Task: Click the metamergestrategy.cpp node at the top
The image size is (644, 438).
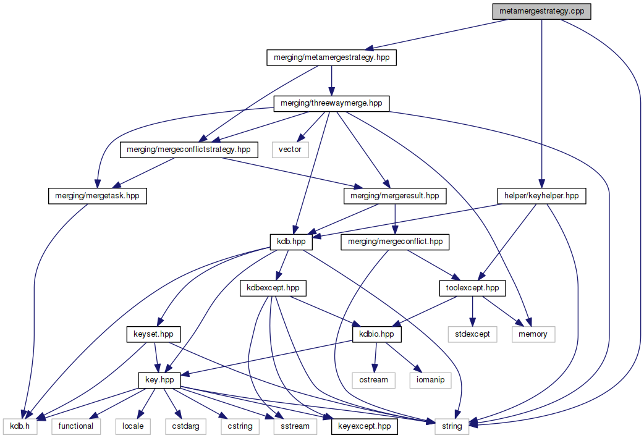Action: coord(541,11)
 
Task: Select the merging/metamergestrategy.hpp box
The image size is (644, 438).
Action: coord(332,57)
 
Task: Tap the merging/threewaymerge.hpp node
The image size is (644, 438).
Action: coord(332,103)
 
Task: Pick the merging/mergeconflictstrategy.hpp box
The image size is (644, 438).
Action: coord(189,149)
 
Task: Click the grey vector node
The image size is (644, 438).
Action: coord(290,149)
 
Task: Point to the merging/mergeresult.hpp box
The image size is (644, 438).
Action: coord(394,195)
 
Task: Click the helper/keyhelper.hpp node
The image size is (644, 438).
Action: coord(541,195)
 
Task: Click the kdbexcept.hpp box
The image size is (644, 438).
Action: coord(273,288)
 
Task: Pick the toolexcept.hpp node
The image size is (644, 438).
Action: coord(472,288)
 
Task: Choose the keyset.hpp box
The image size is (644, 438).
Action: coord(153,334)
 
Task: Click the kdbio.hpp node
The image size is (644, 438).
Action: coord(377,334)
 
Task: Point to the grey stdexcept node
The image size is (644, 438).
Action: coord(472,334)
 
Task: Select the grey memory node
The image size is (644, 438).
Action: coord(533,334)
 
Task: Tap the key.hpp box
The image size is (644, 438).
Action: coord(159,380)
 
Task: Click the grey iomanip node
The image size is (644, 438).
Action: coord(430,380)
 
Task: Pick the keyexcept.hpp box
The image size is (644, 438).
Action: coord(365,426)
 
